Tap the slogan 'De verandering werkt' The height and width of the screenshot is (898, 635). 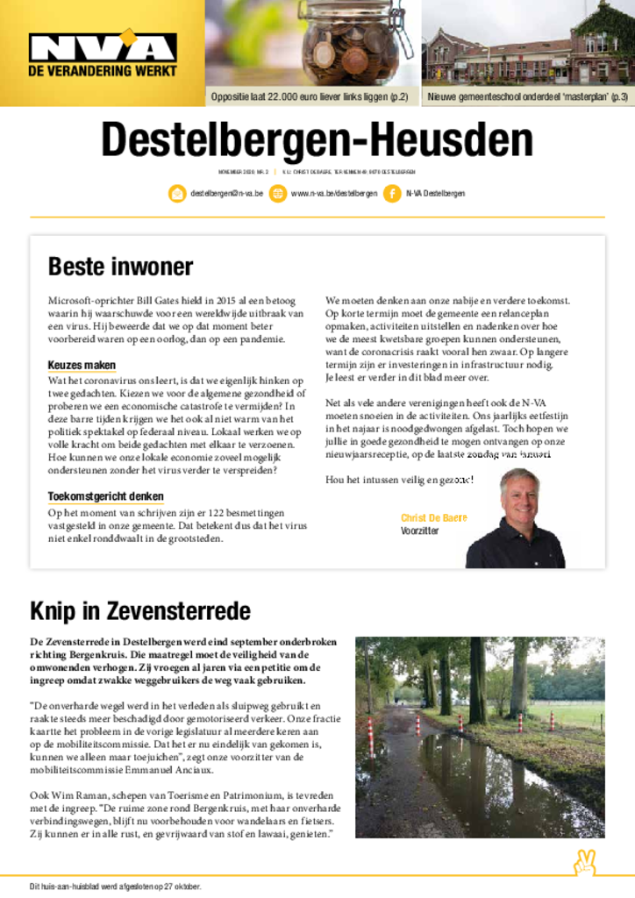103,70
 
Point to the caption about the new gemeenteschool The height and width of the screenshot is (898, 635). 528,96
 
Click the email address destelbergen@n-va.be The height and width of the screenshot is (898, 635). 226,193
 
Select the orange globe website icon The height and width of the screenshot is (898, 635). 277,193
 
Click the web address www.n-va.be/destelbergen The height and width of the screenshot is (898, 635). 334,193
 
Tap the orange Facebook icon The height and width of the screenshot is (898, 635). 391,193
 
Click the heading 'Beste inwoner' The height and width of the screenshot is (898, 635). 120,266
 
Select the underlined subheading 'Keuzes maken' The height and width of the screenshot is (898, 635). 82,365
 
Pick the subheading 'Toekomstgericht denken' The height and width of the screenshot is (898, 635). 105,496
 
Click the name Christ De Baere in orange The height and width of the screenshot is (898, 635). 434,518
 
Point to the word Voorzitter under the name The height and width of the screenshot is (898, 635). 420,531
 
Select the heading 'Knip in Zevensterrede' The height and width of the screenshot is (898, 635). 140,610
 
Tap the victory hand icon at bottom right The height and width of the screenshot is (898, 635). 584,863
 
